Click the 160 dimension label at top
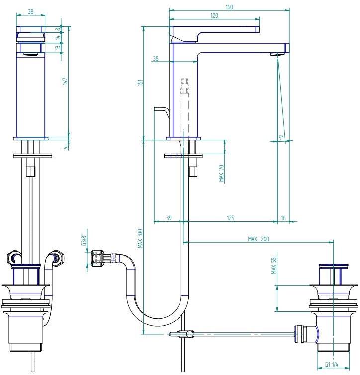pyautogui.click(x=229, y=7)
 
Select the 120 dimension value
pyautogui.click(x=214, y=15)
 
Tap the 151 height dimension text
pyautogui.click(x=140, y=83)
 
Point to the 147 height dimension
pyautogui.click(x=65, y=81)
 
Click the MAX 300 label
pyautogui.click(x=140, y=239)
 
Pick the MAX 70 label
pyautogui.click(x=221, y=173)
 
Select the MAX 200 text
pyautogui.click(x=258, y=239)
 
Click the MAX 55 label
pyautogui.click(x=274, y=266)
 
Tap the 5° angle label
pyautogui.click(x=281, y=138)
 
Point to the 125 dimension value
pyautogui.click(x=231, y=218)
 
